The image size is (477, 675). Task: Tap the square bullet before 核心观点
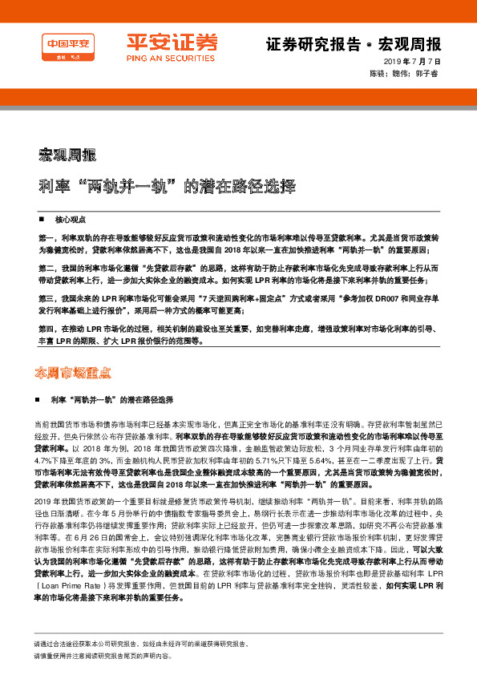coord(42,219)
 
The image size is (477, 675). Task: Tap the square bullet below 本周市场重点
coord(42,398)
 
